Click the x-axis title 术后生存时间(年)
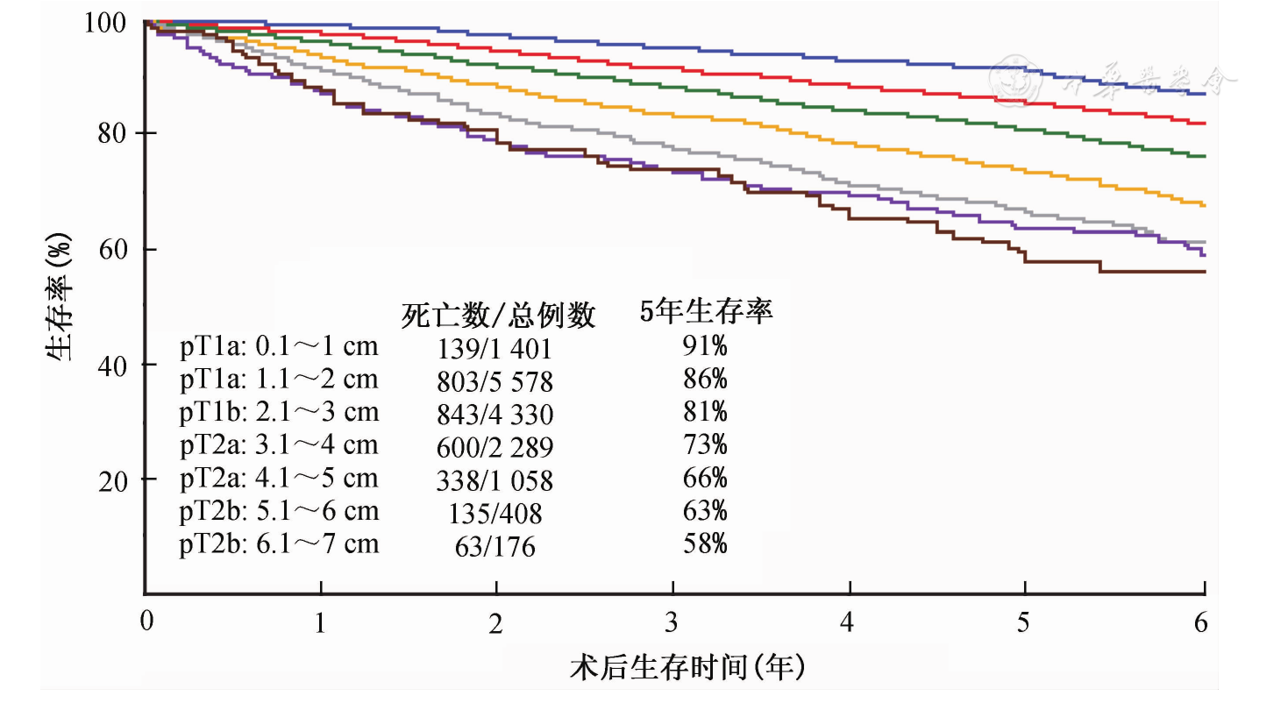coord(687,669)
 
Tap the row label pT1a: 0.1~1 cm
coord(279,347)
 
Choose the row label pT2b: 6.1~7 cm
coord(279,545)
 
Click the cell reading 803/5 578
coord(495,381)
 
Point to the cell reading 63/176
coord(495,547)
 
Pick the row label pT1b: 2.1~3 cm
coord(279,413)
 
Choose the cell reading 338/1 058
coord(495,480)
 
